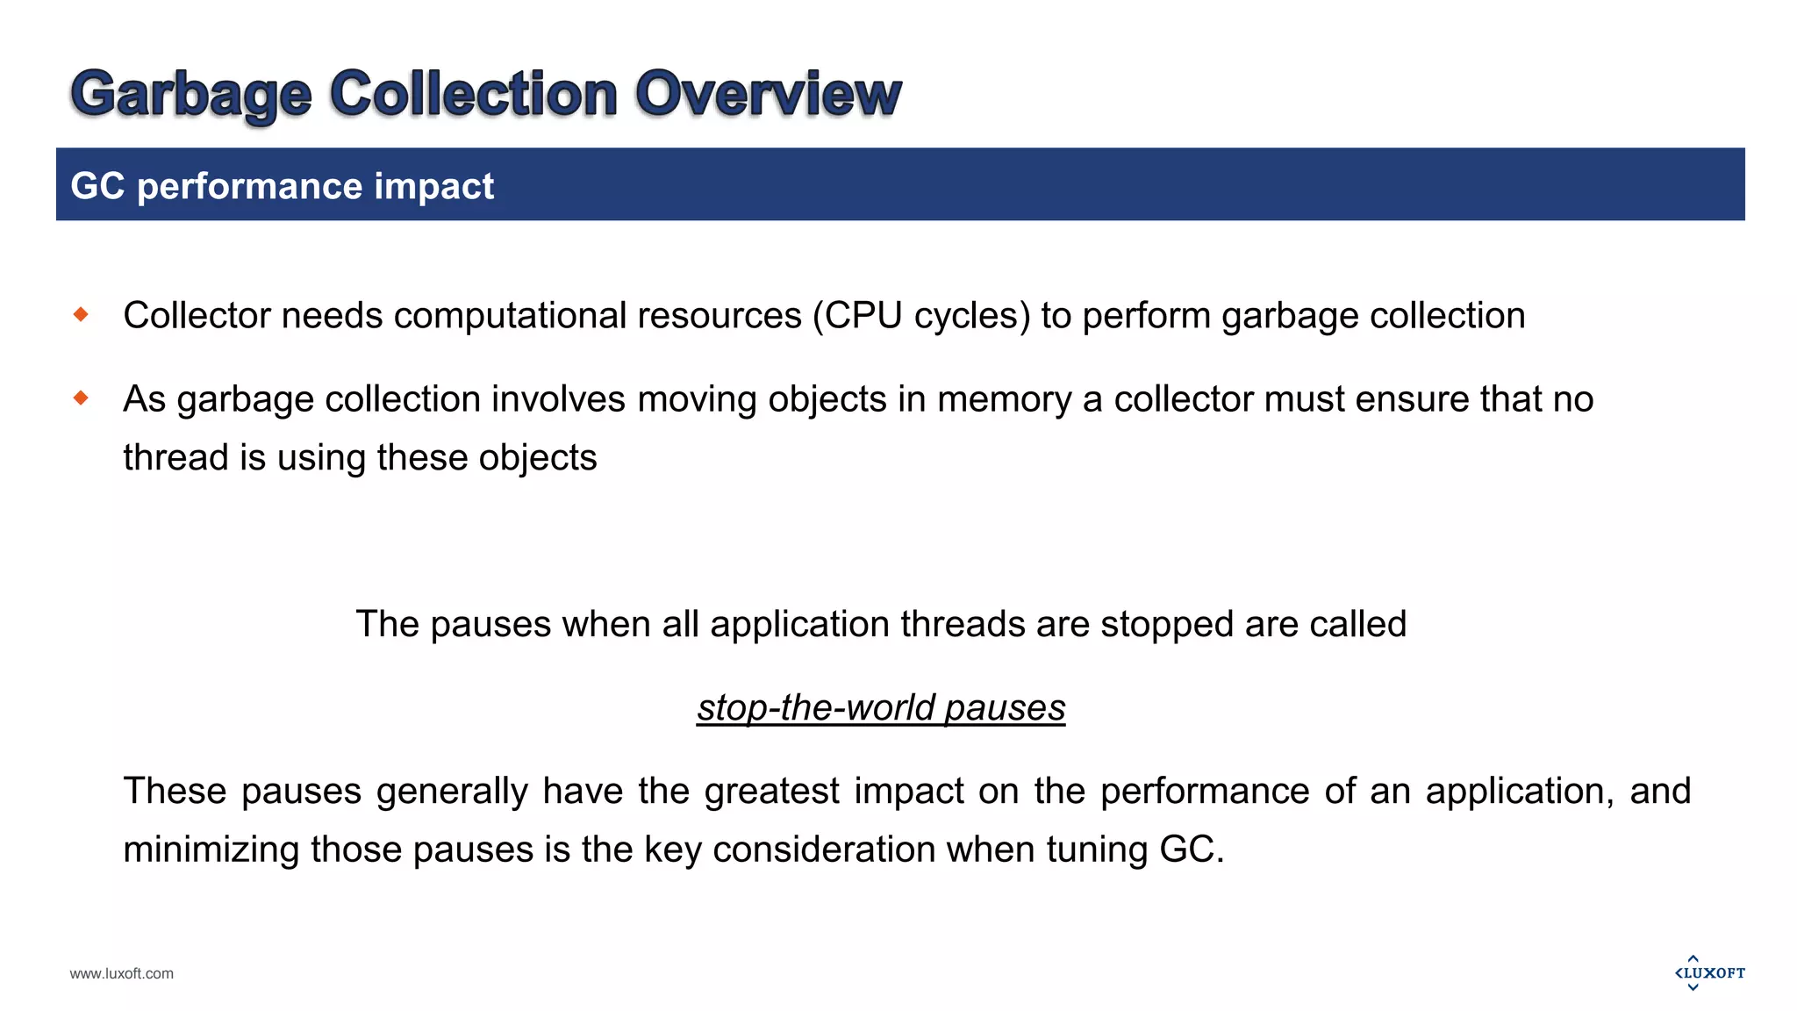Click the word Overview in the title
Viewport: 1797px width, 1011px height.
click(x=768, y=93)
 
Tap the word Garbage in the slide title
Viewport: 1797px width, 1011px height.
click(x=191, y=95)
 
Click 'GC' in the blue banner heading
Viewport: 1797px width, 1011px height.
click(x=97, y=186)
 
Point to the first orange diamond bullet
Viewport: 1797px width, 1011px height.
click(x=82, y=314)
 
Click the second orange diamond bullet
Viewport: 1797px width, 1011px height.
click(x=82, y=398)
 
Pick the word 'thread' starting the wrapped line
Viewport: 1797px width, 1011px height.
click(x=175, y=458)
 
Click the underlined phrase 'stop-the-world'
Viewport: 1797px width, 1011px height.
click(x=816, y=707)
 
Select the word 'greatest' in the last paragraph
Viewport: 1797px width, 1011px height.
click(x=772, y=792)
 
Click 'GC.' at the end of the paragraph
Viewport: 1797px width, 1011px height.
click(x=1192, y=850)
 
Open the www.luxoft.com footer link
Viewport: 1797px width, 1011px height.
click(x=122, y=973)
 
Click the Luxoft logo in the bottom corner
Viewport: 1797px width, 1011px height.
click(x=1709, y=973)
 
